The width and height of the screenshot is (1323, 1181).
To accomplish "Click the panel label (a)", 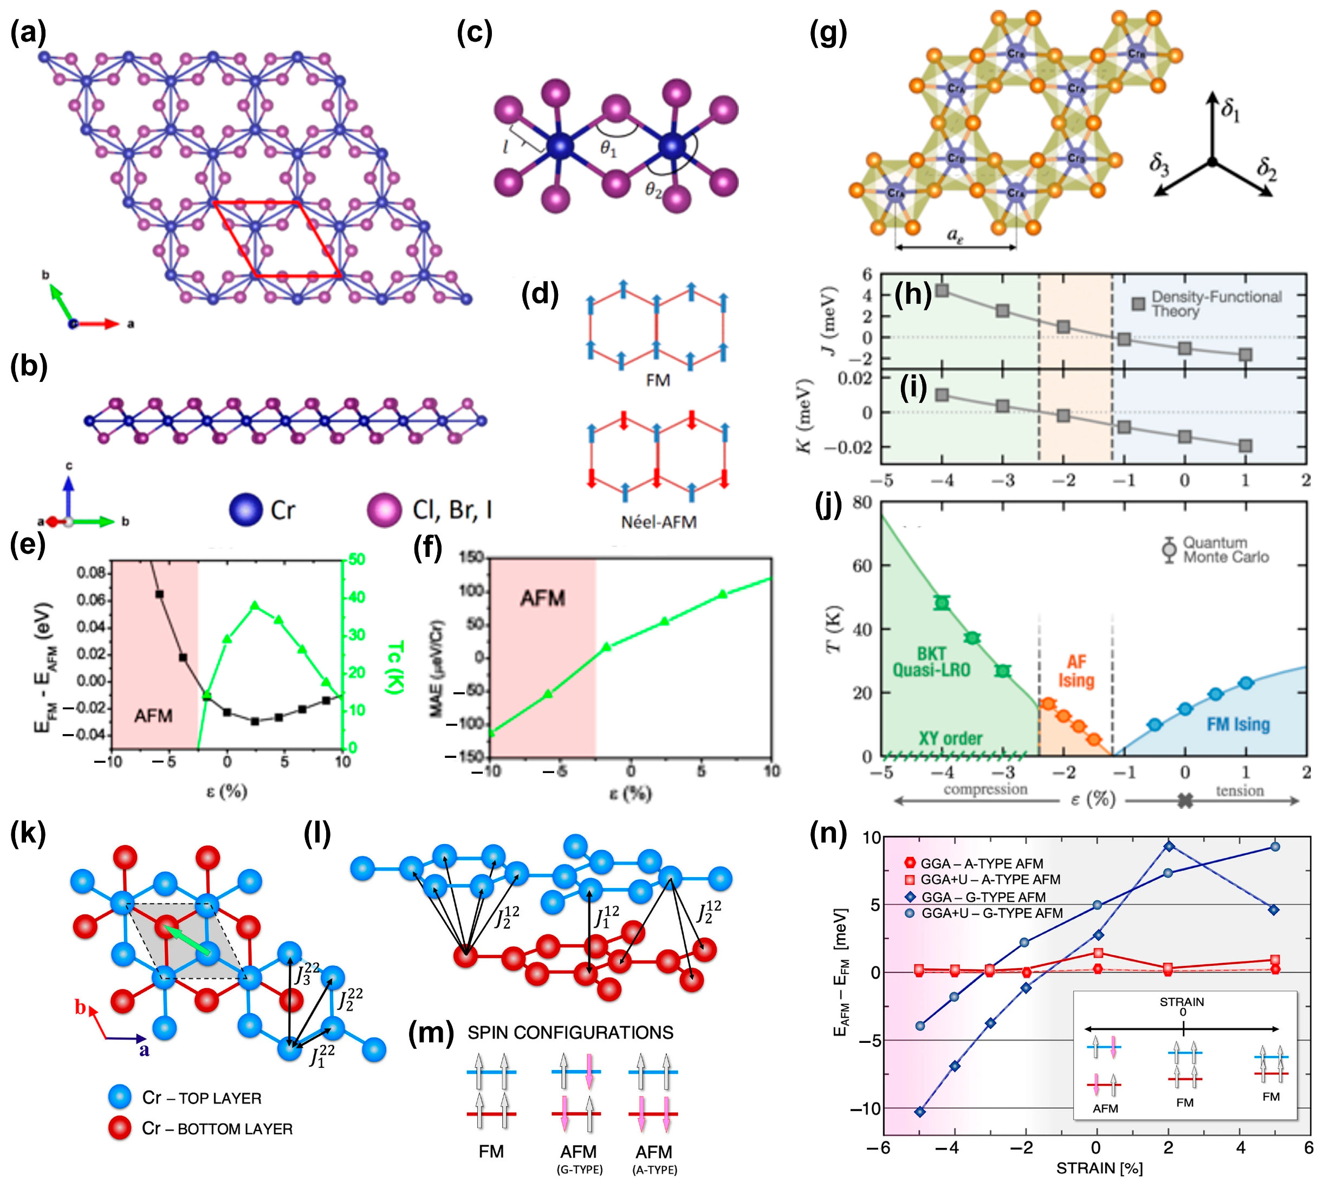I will point(27,33).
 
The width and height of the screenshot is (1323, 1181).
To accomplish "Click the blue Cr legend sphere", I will point(245,509).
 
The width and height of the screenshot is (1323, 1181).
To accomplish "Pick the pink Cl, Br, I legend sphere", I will point(384,509).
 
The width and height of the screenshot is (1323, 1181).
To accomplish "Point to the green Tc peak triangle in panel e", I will point(254,606).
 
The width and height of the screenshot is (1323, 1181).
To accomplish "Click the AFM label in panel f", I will point(542,598).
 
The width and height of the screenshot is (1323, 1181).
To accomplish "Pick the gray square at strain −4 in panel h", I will point(942,290).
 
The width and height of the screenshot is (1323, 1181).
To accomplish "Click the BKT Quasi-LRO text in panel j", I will point(931,662).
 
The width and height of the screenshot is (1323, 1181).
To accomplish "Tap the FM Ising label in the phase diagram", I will point(1237,724).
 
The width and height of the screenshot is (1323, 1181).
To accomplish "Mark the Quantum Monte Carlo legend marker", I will point(1169,549).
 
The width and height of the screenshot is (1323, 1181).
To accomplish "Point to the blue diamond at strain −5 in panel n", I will point(919,1112).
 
